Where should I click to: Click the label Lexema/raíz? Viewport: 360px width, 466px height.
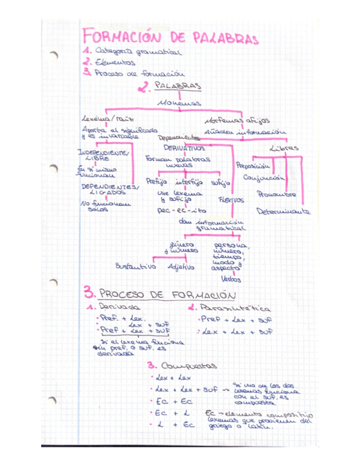[107, 118]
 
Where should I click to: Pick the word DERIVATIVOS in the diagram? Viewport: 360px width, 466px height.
[184, 148]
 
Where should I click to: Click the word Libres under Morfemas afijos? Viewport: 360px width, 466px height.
[284, 148]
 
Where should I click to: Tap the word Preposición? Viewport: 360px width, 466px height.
[253, 165]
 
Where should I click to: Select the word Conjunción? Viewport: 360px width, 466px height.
[264, 178]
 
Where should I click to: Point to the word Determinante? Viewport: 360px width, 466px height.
[284, 211]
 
